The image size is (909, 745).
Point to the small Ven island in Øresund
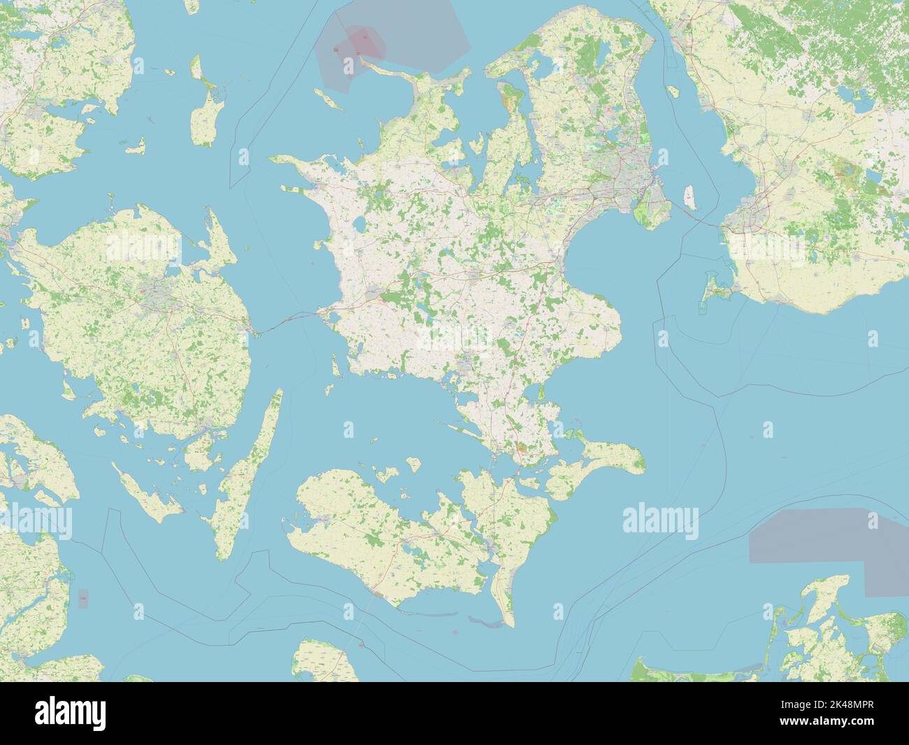click(x=673, y=91)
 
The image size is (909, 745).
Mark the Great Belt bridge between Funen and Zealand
click(x=287, y=321)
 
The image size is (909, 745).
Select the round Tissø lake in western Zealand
click(x=358, y=226)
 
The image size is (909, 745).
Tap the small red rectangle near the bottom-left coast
click(x=83, y=598)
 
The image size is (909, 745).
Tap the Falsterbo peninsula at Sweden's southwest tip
click(x=713, y=295)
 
